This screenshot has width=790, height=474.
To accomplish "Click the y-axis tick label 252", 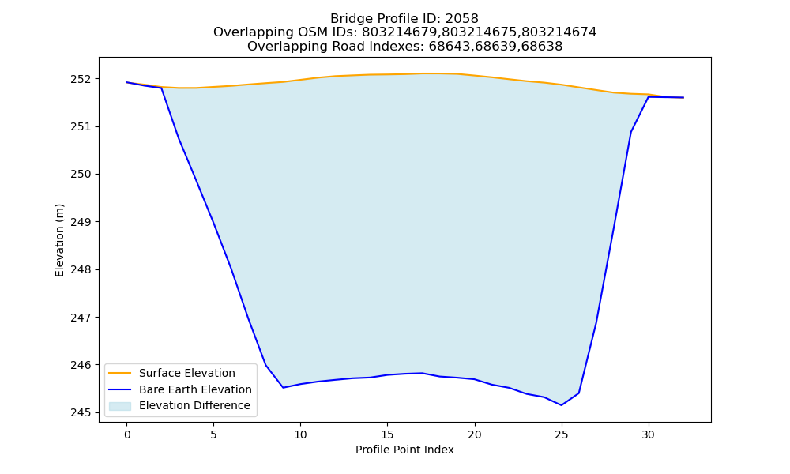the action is (x=81, y=79).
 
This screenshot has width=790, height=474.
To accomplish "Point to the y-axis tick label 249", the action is (x=81, y=222).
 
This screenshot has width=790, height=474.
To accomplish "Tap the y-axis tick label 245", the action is (x=81, y=413).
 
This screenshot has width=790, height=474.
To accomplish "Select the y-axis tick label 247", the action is (x=81, y=318).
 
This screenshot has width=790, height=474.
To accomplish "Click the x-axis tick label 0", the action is (x=127, y=434).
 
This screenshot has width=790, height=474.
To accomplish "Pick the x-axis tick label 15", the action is (x=387, y=434).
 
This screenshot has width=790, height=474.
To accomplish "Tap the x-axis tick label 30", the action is (x=649, y=434).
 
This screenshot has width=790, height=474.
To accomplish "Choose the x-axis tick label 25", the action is (x=561, y=434).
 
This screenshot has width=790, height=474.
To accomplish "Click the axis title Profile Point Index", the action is (x=404, y=450).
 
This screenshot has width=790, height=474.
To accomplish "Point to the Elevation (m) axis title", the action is (x=60, y=240).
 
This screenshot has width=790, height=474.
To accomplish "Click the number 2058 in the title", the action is (x=462, y=19).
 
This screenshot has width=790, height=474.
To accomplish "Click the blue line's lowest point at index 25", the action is (x=561, y=405).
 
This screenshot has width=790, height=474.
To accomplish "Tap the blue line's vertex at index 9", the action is (x=283, y=387).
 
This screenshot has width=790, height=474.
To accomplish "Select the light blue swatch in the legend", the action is (x=120, y=406).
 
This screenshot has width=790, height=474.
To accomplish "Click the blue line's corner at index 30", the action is (x=649, y=96).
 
